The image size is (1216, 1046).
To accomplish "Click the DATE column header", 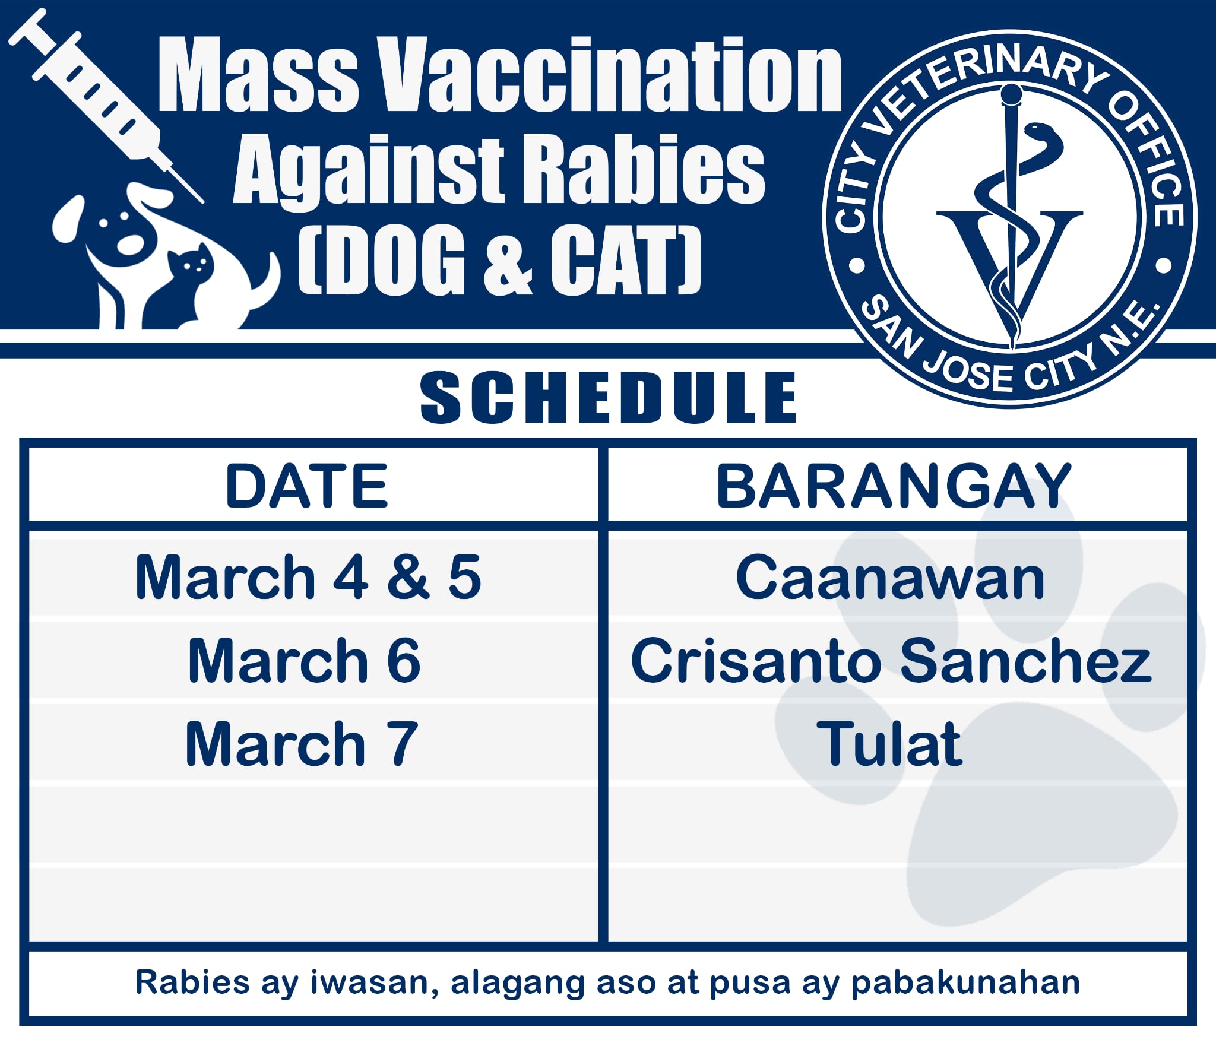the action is pyautogui.click(x=306, y=486).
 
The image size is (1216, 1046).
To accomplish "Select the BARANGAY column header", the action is pyautogui.click(x=894, y=486).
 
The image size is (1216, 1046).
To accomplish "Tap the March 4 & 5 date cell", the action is pyautogui.click(x=308, y=576).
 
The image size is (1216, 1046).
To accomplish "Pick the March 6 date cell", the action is pyautogui.click(x=304, y=660).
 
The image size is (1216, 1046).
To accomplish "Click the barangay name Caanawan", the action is pyautogui.click(x=890, y=577).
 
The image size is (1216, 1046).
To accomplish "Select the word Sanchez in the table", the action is pyautogui.click(x=1025, y=660).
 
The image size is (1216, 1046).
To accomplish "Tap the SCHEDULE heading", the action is pyautogui.click(x=608, y=397).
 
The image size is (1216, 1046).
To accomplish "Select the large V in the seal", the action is pyautogui.click(x=1010, y=279).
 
